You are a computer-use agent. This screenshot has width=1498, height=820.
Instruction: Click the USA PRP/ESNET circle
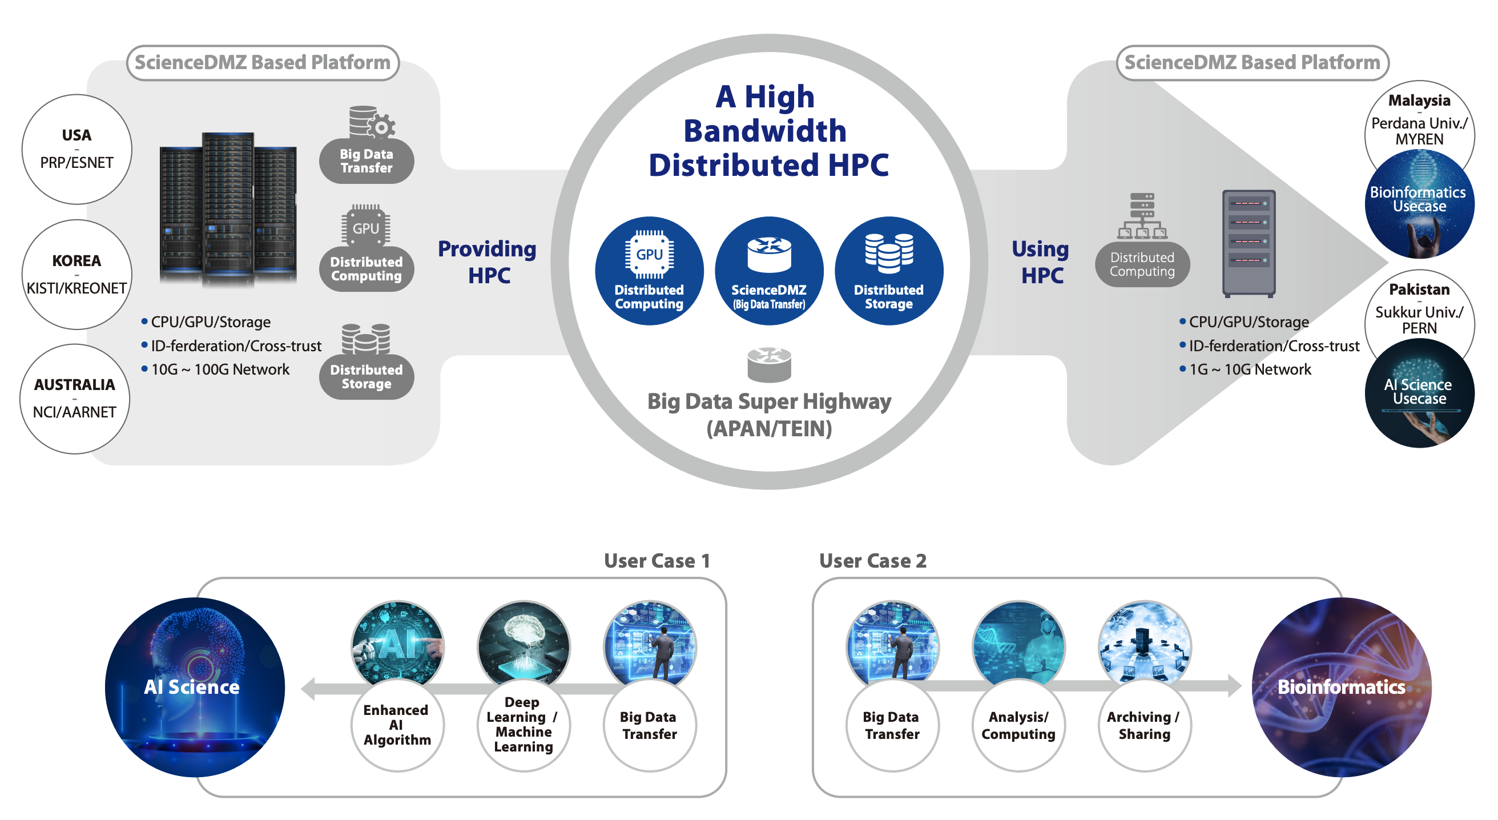click(x=76, y=150)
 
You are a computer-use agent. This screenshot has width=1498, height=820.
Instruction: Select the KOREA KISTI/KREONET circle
click(x=76, y=275)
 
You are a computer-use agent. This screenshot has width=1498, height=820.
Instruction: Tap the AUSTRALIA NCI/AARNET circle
click(x=75, y=399)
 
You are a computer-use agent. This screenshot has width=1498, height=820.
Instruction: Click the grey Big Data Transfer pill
click(x=367, y=161)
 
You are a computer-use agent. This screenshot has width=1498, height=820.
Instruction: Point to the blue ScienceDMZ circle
click(x=769, y=271)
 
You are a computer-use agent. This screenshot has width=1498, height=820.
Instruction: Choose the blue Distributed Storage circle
click(x=888, y=271)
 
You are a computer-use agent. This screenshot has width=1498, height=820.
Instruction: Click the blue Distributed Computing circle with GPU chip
click(x=649, y=271)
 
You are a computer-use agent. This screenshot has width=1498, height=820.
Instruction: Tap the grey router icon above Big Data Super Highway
click(x=769, y=365)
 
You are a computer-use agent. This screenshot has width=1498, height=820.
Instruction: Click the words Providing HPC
click(x=488, y=262)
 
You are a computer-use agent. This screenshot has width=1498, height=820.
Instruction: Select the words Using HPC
click(x=1041, y=262)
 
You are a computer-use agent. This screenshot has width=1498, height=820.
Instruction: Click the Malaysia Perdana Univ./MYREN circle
click(x=1419, y=120)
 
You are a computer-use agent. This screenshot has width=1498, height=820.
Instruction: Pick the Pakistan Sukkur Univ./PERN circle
click(x=1419, y=309)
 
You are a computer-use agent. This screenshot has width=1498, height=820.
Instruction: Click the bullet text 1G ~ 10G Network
click(x=1250, y=370)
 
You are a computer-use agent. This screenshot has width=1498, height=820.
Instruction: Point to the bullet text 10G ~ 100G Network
click(x=220, y=370)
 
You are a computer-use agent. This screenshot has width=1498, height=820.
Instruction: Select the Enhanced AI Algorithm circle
click(x=397, y=725)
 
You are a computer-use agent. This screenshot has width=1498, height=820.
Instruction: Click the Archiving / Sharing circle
click(x=1144, y=725)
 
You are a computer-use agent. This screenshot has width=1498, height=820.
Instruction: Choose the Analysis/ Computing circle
click(x=1018, y=725)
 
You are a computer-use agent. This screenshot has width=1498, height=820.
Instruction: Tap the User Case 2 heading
click(x=872, y=561)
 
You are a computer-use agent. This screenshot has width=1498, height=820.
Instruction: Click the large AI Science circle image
click(x=194, y=687)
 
